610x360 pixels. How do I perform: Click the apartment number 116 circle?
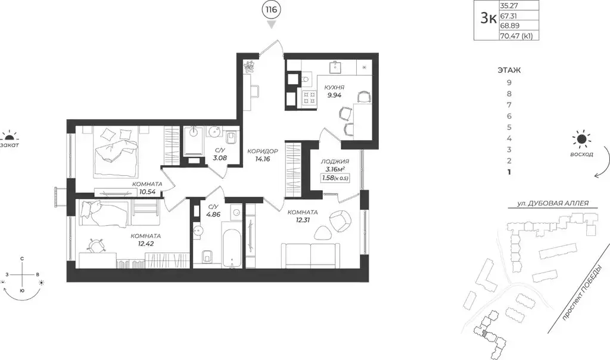[271, 10]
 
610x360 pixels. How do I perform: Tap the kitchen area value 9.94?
[334, 95]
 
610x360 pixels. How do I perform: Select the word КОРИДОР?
[263, 151]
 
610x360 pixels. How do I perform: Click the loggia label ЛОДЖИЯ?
[335, 161]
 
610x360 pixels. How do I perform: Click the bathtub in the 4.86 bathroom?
[232, 244]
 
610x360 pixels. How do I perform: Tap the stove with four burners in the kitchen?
[309, 98]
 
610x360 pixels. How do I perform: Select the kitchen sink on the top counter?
[335, 67]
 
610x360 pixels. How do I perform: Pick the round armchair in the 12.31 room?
[341, 221]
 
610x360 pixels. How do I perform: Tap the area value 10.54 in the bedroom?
[147, 191]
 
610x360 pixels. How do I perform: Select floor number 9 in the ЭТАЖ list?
[509, 82]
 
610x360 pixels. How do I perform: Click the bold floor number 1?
[509, 172]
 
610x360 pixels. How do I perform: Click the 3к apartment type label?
[488, 18]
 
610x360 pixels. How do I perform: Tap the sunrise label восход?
[581, 154]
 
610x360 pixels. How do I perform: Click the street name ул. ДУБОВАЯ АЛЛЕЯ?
[553, 203]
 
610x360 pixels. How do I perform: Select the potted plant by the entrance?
[250, 67]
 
